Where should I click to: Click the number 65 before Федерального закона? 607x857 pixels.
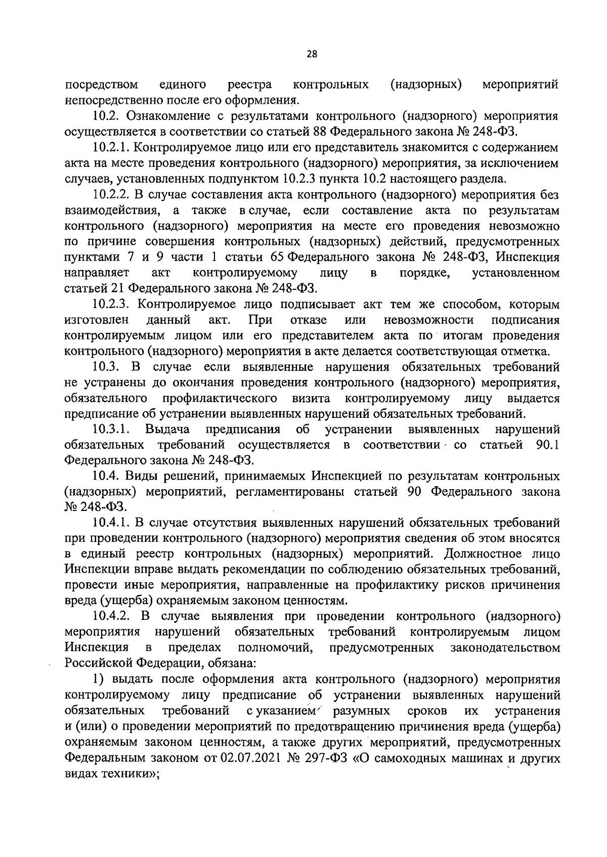coord(276,257)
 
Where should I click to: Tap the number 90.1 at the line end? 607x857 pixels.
coord(547,445)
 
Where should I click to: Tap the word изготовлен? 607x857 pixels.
coord(96,320)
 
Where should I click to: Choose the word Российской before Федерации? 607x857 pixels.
coord(100,664)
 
